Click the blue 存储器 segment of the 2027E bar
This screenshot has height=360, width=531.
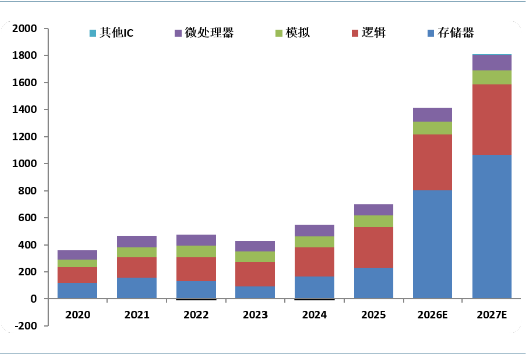click(x=492, y=227)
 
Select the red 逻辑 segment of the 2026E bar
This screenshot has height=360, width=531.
click(x=432, y=162)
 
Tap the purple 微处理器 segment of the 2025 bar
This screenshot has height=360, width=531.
click(x=373, y=210)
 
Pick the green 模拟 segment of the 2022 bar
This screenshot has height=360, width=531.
click(x=196, y=251)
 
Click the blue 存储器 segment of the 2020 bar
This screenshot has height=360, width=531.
click(x=78, y=291)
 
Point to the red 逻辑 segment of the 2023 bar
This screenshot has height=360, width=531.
click(x=255, y=274)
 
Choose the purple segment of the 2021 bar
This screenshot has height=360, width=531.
click(x=137, y=242)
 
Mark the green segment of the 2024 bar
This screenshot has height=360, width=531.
click(x=314, y=242)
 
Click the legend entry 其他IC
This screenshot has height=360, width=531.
click(x=111, y=33)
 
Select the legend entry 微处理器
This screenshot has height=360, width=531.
click(x=204, y=33)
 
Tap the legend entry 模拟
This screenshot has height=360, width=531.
click(x=292, y=33)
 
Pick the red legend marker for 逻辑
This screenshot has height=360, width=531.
click(x=355, y=33)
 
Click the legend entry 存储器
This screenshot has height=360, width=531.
click(x=451, y=33)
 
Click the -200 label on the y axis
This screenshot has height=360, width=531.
click(x=26, y=326)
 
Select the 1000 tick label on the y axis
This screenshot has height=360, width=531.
click(x=24, y=164)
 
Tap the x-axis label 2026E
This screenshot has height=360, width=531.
click(x=432, y=315)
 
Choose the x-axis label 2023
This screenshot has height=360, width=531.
click(x=255, y=315)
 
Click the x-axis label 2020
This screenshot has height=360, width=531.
click(x=78, y=315)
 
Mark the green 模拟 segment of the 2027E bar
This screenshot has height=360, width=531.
click(x=492, y=77)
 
